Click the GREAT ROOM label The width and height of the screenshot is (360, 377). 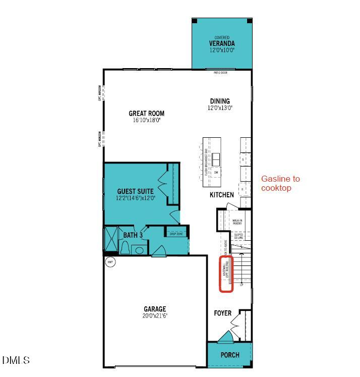146,114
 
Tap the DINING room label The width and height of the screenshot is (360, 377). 220,101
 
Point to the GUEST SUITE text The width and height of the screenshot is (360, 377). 135,192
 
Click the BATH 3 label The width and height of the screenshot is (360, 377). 133,235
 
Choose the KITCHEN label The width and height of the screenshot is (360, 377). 222,195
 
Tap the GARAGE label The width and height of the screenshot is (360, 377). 154,309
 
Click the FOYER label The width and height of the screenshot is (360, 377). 223,313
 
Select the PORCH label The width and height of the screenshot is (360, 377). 229,355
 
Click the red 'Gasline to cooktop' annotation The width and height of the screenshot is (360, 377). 280,183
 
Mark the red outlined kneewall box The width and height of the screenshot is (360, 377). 226,274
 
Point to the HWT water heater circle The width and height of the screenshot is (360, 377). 110,262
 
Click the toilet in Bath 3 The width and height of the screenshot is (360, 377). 125,247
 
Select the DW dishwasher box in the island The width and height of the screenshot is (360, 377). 216,173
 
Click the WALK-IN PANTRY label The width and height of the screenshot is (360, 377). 237,221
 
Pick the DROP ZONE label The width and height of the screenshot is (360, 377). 176,234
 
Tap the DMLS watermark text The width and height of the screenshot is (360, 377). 16,360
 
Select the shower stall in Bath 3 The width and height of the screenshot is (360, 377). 110,241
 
